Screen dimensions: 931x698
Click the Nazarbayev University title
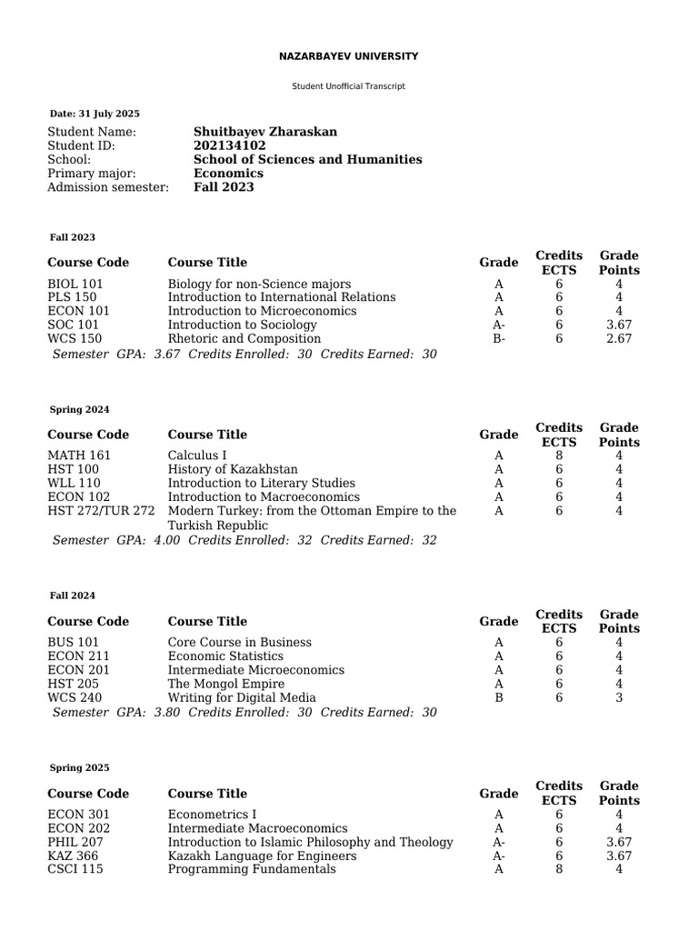click(348, 56)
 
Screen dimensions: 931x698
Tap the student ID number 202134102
click(230, 145)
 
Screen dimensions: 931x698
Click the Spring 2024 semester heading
click(79, 410)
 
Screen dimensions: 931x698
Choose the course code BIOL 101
click(75, 284)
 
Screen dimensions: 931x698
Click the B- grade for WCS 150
click(498, 339)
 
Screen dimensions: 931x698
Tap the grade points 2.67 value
click(619, 339)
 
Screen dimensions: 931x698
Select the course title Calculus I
click(197, 455)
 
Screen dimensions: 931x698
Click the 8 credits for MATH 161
click(559, 455)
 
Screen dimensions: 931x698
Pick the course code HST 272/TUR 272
click(102, 511)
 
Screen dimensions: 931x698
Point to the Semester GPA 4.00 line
click(244, 540)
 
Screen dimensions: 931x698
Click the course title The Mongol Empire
click(226, 684)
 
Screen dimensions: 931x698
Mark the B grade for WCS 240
click(498, 697)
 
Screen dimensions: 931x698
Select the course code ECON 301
click(79, 815)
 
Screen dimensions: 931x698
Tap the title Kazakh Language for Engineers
click(262, 856)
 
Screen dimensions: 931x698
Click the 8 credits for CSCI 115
click(559, 869)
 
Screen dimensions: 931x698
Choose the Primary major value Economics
click(228, 173)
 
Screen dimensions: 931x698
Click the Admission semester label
click(108, 187)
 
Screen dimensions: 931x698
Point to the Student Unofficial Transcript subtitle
click(348, 86)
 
